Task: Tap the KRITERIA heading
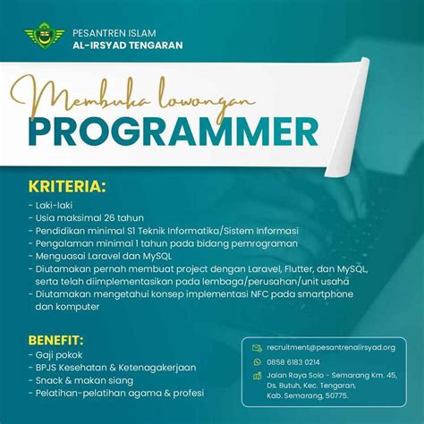pyautogui.click(x=67, y=187)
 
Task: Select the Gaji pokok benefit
pyautogui.click(x=57, y=355)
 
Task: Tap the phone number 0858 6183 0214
pyautogui.click(x=294, y=362)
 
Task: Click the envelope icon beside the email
pyautogui.click(x=257, y=347)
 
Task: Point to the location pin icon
pyautogui.click(x=257, y=377)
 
